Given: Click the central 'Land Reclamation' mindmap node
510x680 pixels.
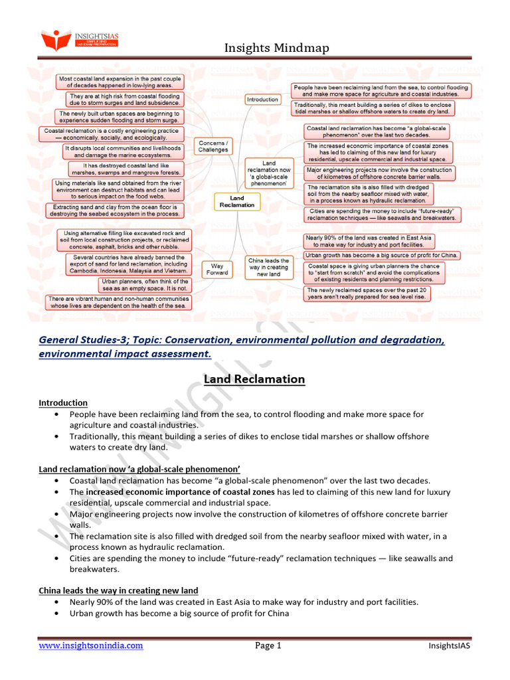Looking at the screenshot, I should click(237, 201).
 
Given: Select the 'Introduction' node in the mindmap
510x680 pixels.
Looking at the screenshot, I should click(263, 100).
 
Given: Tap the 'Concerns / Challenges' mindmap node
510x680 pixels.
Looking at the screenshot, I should click(213, 146).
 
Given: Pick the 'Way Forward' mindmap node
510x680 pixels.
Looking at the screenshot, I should click(217, 269).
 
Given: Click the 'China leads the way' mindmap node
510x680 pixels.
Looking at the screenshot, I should click(268, 267).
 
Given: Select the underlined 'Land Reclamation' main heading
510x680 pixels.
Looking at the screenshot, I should click(254, 379).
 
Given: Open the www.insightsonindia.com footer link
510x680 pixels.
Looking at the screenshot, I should click(90, 645).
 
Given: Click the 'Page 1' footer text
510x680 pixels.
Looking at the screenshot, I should click(269, 645).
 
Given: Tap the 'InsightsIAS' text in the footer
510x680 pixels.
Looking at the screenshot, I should click(450, 645).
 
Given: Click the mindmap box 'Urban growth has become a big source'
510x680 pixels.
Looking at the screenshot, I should click(382, 255).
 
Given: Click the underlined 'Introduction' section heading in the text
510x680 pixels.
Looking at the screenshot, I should click(62, 402).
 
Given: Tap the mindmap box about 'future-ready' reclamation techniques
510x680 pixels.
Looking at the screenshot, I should click(382, 214).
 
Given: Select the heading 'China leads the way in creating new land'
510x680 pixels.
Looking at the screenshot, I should click(118, 590).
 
